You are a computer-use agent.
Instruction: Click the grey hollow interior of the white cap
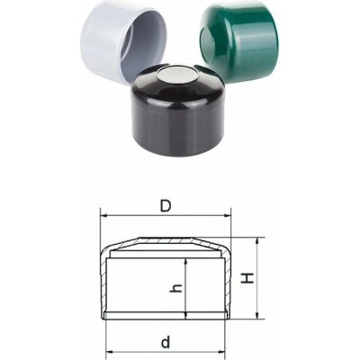click(x=144, y=48)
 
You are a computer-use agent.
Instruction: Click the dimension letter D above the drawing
click(x=166, y=206)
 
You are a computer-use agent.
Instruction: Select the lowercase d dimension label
click(x=166, y=342)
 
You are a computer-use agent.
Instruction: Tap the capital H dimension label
click(x=247, y=278)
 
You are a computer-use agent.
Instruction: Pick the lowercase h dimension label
click(x=176, y=288)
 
